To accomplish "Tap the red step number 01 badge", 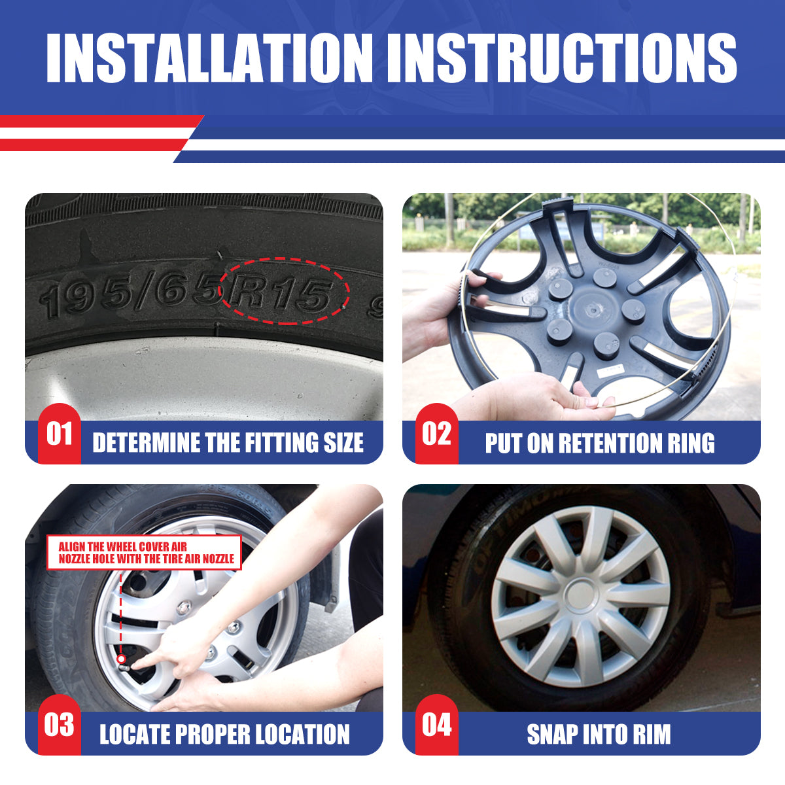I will [x=59, y=434].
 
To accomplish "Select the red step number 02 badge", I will [x=436, y=434].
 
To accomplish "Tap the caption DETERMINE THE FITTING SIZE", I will [x=228, y=443].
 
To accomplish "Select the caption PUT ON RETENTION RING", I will [x=599, y=443].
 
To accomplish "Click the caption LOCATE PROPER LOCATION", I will [x=224, y=734].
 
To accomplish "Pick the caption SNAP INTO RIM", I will [x=599, y=734].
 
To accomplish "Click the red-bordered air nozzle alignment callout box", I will [x=145, y=553].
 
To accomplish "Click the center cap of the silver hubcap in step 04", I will [x=580, y=594].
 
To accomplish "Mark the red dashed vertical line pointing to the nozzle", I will [x=122, y=612].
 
